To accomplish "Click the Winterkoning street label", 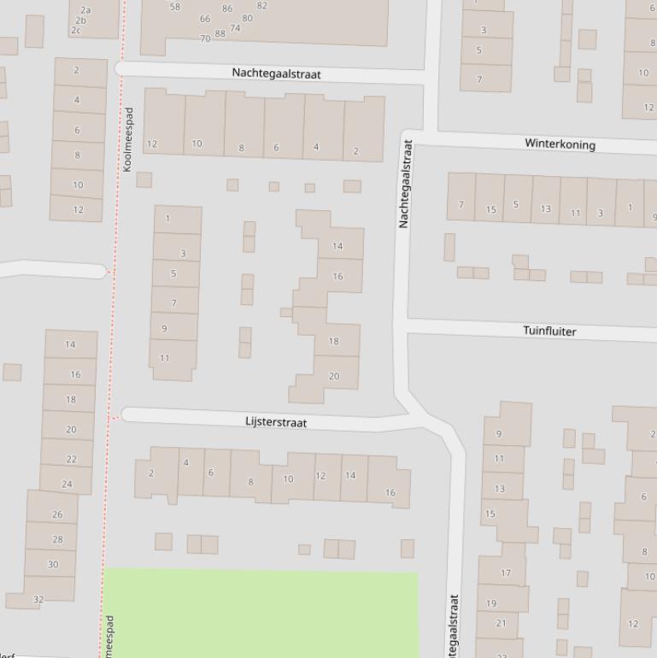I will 560,144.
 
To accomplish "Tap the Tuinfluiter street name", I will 549,331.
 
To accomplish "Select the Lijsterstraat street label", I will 275,422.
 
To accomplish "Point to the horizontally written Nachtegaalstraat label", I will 276,74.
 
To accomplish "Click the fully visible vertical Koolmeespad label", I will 128,139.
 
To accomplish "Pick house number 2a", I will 85,10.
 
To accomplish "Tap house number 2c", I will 76,30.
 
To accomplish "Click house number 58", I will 175,7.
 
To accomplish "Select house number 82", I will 261,5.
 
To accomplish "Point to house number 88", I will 220,33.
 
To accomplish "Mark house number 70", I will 205,38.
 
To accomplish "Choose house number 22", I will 71,459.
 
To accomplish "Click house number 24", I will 67,485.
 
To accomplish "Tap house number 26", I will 57,514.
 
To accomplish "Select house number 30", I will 53,564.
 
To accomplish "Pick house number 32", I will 38,599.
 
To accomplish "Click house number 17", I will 505,573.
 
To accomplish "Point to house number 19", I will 491,603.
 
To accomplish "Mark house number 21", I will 501,623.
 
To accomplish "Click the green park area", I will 261,613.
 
